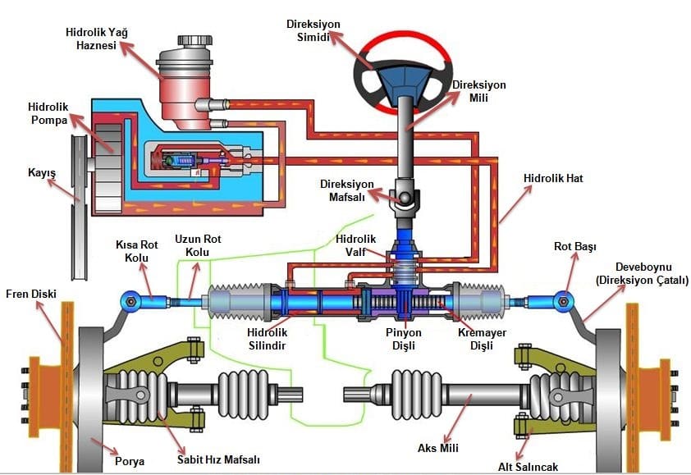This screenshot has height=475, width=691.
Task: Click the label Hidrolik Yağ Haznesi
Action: (97, 39)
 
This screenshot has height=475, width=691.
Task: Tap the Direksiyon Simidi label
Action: (313, 30)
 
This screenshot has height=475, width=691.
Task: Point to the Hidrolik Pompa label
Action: (50, 113)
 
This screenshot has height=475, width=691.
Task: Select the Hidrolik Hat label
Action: (552, 178)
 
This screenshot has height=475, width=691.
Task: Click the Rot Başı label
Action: (574, 245)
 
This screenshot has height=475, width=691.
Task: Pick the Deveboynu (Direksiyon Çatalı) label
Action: (641, 274)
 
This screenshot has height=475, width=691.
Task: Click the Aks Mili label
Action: (437, 448)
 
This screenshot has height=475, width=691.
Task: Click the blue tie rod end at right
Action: (562, 301)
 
